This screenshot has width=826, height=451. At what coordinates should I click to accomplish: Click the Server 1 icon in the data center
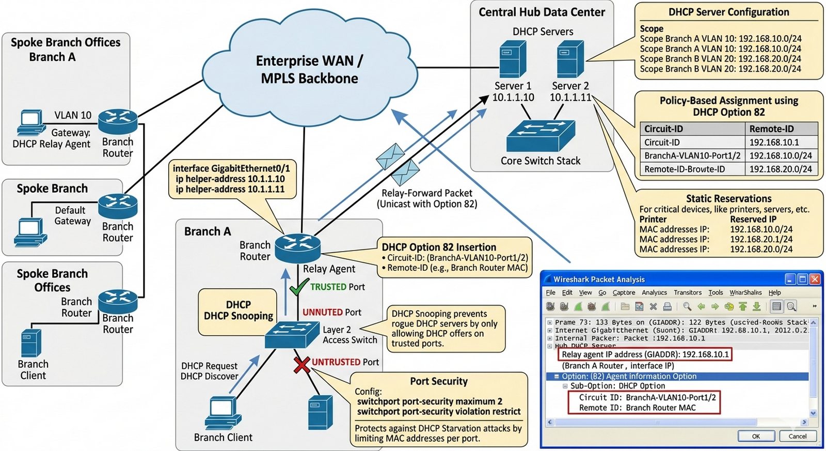tap(513, 59)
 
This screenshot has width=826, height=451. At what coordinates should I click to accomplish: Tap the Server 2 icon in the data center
tap(570, 59)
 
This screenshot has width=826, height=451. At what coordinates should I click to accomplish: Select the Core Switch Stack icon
tap(541, 136)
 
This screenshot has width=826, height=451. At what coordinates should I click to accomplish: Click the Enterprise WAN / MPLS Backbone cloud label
tap(309, 70)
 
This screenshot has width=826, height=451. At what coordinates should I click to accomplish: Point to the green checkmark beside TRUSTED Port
tap(299, 287)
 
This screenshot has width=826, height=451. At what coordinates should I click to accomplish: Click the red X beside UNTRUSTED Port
tap(301, 364)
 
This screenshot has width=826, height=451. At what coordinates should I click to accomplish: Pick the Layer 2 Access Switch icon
tap(292, 334)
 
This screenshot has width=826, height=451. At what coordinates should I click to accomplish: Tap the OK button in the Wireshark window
tap(756, 436)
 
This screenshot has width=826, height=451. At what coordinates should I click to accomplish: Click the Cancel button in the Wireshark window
tap(797, 436)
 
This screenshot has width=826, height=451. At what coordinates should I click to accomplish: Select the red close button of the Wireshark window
tap(815, 279)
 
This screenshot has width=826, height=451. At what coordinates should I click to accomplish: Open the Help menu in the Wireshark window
tap(774, 292)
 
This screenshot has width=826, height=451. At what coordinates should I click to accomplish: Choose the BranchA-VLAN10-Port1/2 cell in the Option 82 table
tap(692, 155)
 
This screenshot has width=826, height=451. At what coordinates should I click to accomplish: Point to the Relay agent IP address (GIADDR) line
tap(645, 354)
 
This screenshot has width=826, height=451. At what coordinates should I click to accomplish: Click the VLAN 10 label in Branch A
tap(73, 115)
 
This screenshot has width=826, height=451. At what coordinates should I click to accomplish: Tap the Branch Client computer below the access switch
tap(223, 413)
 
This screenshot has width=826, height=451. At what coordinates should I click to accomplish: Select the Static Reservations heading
tap(728, 198)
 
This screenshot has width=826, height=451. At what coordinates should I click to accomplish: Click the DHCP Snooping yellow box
tap(238, 311)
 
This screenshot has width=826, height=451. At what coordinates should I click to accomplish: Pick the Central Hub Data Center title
tap(542, 12)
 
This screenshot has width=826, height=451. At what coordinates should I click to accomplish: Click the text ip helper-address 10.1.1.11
tap(230, 189)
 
